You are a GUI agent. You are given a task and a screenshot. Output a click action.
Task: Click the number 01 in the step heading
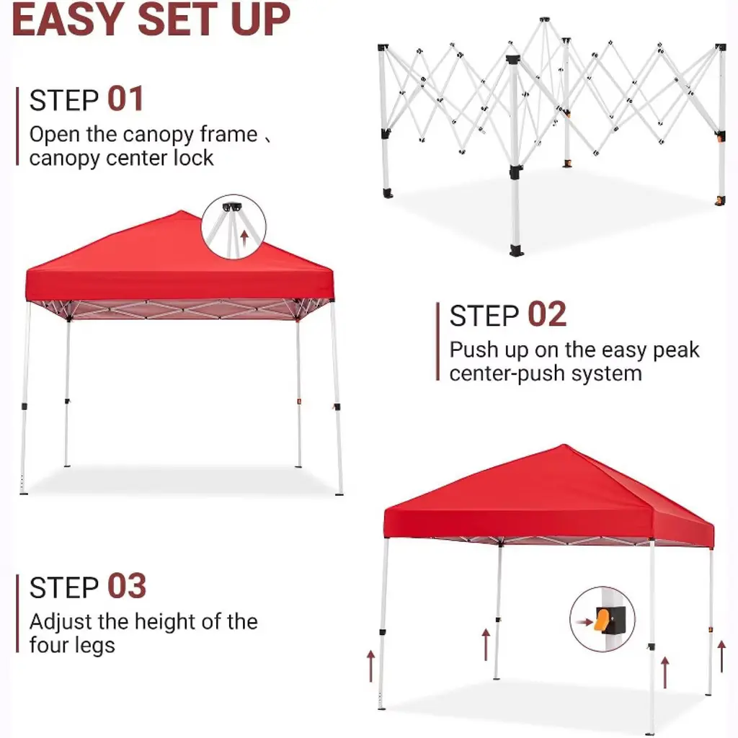(125, 99)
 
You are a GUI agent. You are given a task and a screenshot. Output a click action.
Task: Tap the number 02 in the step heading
(547, 314)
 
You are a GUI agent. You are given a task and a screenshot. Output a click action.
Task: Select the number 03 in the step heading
(127, 587)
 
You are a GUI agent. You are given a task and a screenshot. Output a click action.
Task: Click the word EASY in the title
(68, 19)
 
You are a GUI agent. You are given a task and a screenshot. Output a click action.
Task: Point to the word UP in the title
(260, 19)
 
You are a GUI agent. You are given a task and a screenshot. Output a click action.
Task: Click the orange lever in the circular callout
(602, 618)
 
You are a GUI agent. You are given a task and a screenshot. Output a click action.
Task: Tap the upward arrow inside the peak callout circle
(244, 238)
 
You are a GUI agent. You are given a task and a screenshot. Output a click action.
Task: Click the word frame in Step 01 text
(228, 134)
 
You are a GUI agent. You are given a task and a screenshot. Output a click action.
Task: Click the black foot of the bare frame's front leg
(516, 250)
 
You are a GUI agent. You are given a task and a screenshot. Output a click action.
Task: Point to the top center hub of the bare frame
(544, 19)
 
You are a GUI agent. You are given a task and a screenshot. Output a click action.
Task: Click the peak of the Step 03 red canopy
(564, 445)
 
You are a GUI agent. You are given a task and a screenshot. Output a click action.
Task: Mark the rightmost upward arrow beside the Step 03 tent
(721, 656)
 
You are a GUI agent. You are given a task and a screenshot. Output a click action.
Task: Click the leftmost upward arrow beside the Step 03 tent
(371, 665)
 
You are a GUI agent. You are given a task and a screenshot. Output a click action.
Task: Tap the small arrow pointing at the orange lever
(584, 622)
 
